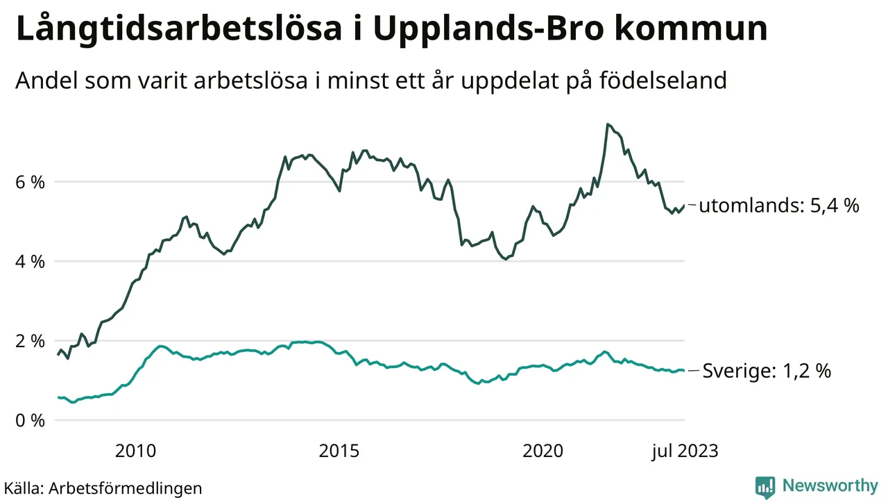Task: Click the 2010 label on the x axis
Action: point(136,451)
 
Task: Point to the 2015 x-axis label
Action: point(339,451)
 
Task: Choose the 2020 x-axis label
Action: point(543,451)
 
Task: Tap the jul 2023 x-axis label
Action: point(684,451)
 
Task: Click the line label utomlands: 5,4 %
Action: point(779,206)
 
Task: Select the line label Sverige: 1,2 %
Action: point(767,372)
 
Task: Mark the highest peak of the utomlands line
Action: point(607,124)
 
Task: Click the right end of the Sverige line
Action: point(684,370)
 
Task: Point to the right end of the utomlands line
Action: point(684,205)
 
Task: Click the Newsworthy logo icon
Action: point(765,486)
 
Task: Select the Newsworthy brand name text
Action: point(830,485)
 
